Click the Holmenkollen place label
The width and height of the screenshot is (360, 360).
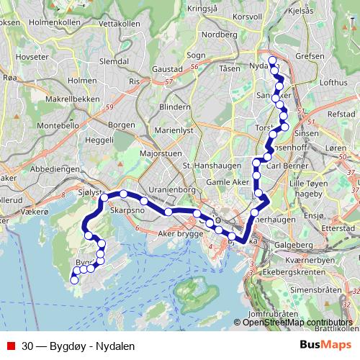click(37, 23)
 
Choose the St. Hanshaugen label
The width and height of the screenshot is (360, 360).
click(207, 166)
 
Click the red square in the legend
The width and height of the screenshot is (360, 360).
click(10, 346)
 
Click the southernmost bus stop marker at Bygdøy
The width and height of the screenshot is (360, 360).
click(74, 282)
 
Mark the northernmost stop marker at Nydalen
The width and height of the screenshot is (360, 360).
click(272, 60)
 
